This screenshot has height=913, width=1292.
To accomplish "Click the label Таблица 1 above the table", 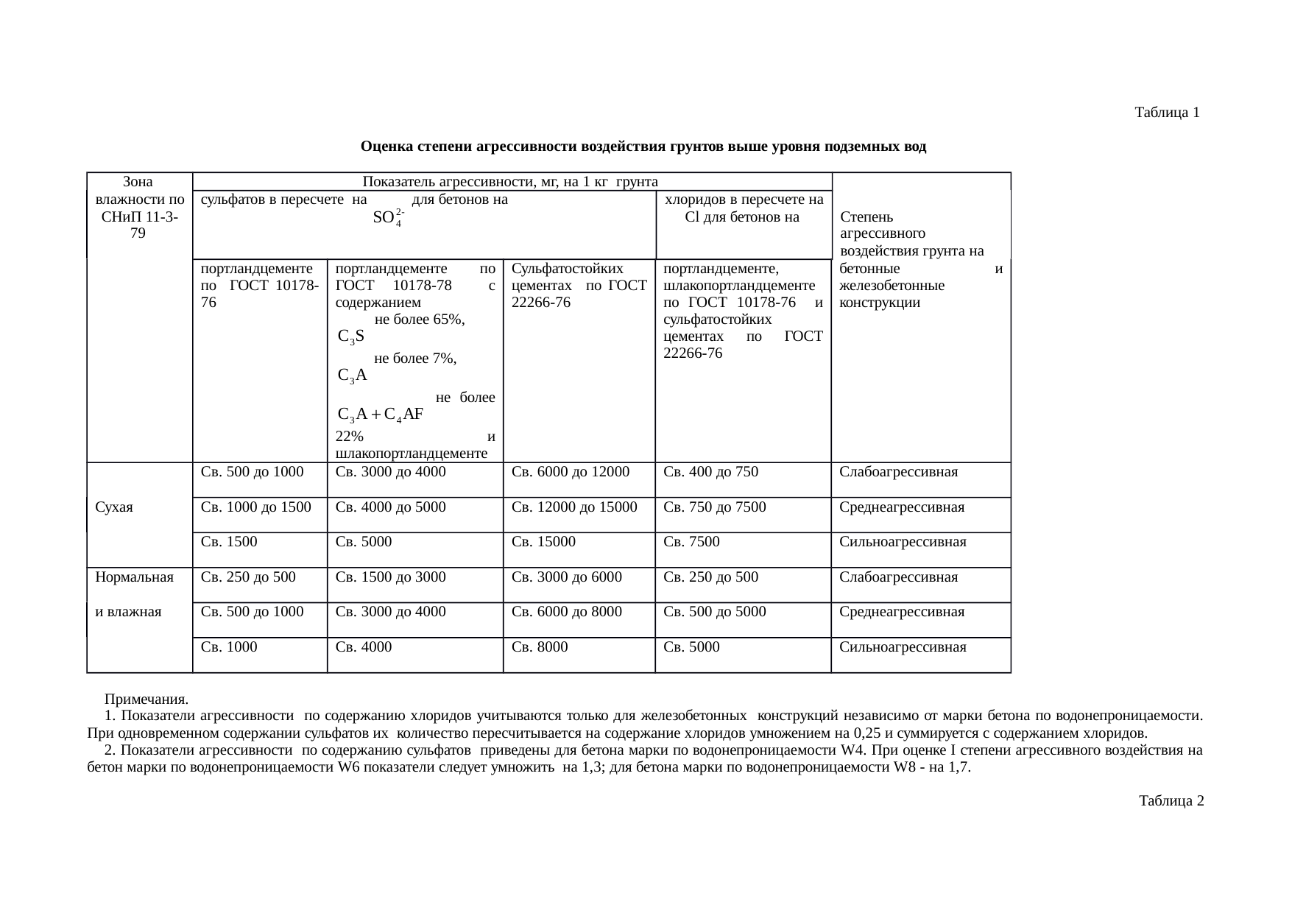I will pyautogui.click(x=1168, y=113).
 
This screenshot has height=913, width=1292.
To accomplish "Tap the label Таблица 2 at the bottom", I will pyautogui.click(x=1171, y=800).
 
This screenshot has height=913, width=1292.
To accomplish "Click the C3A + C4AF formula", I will pyautogui.click(x=379, y=415).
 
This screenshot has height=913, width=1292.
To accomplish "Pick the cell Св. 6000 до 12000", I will pyautogui.click(x=570, y=472).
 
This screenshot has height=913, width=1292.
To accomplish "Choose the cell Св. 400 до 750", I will pyautogui.click(x=710, y=472).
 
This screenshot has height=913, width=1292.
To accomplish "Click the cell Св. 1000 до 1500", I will pyautogui.click(x=255, y=507).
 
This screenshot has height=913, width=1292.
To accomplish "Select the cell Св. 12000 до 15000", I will pyautogui.click(x=574, y=507).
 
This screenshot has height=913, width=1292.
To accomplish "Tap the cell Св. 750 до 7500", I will pyautogui.click(x=714, y=507).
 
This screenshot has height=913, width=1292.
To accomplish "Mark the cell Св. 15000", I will pyautogui.click(x=543, y=542).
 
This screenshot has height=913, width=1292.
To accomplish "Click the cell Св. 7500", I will pyautogui.click(x=691, y=542).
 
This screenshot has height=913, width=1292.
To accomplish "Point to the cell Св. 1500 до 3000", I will pyautogui.click(x=390, y=577).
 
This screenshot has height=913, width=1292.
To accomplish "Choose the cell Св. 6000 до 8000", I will pyautogui.click(x=566, y=612).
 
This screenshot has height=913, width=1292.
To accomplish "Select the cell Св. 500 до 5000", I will pyautogui.click(x=714, y=612).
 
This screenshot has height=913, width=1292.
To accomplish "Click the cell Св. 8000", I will pyautogui.click(x=540, y=647).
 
